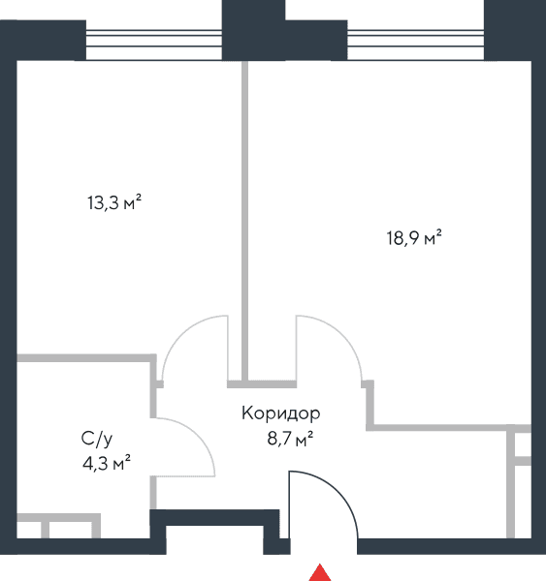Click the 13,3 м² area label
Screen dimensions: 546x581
[x=114, y=202]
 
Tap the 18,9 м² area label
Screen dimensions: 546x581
[x=414, y=237]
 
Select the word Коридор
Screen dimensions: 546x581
[x=280, y=413]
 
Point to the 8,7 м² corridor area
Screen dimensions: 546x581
[x=290, y=440]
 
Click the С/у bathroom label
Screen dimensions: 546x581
[x=97, y=439]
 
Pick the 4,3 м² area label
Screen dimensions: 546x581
[x=107, y=464]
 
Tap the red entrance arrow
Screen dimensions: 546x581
[x=320, y=573]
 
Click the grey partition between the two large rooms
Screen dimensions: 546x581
[x=244, y=221]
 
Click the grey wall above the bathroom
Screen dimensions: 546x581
[x=86, y=358]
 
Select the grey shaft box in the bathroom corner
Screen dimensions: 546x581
[x=58, y=526]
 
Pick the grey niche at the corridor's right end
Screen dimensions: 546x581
[x=519, y=481]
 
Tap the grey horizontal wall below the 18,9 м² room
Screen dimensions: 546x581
[x=449, y=428]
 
